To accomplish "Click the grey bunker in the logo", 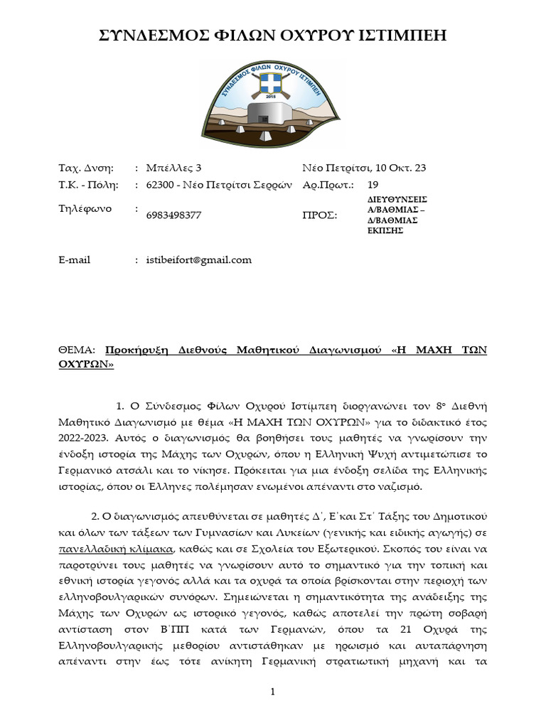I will [x=272, y=116].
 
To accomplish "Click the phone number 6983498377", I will [x=173, y=215].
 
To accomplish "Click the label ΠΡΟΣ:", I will [x=320, y=215].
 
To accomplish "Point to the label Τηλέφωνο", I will [x=85, y=209].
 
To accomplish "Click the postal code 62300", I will [x=160, y=185].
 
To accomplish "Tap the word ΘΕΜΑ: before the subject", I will [x=79, y=350].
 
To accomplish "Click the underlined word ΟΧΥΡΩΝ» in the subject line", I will [x=85, y=364].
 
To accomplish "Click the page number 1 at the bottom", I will [x=272, y=692].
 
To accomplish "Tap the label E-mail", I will [x=75, y=259].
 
